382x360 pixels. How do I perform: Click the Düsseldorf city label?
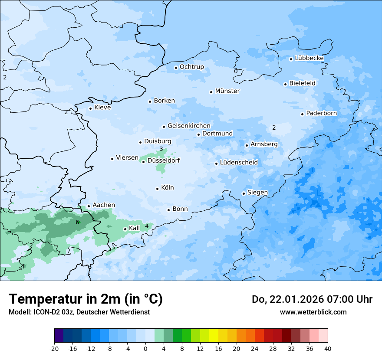164,160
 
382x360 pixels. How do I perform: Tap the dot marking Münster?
211,92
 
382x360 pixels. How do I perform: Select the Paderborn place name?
322,113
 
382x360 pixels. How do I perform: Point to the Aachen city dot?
89,206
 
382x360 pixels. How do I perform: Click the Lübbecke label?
310,58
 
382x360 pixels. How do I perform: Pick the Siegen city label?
258,192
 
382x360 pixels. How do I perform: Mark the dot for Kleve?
90,108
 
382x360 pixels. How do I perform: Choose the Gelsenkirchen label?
189,126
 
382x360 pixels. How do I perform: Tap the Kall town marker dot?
125,229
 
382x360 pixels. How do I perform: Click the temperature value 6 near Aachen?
77,222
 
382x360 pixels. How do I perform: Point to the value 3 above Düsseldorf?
161,149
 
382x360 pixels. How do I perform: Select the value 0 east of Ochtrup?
236,71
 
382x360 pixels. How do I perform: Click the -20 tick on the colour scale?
54,348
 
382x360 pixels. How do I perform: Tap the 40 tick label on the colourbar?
328,348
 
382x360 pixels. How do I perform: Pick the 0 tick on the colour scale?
145,348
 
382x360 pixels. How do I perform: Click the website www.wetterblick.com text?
313,312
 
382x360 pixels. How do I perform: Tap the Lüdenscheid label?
239,163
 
